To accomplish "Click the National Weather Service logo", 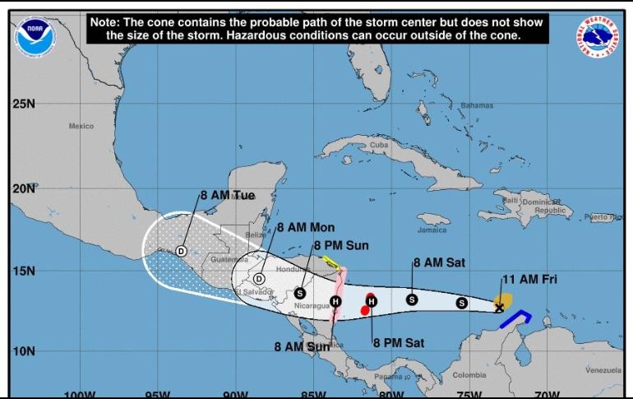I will pyautogui.click(x=598, y=36).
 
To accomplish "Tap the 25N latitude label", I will pyautogui.click(x=24, y=104).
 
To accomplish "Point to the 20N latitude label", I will pyautogui.click(x=24, y=188).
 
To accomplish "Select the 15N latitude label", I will pyautogui.click(x=24, y=271).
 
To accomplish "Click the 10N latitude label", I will pyautogui.click(x=24, y=351).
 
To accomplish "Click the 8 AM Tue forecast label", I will pyautogui.click(x=228, y=196).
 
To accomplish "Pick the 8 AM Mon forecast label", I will pyautogui.click(x=306, y=227).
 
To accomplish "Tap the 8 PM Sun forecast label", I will pyautogui.click(x=340, y=245).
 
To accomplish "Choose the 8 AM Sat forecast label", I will pyautogui.click(x=439, y=263).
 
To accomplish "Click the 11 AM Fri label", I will pyautogui.click(x=530, y=281).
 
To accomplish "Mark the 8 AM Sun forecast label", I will pyautogui.click(x=302, y=346).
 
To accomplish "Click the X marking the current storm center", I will pyautogui.click(x=499, y=308).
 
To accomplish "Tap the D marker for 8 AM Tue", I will pyautogui.click(x=182, y=251).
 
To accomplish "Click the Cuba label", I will pyautogui.click(x=378, y=145).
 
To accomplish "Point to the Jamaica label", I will pyautogui.click(x=432, y=230).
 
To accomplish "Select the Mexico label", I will pyautogui.click(x=81, y=126).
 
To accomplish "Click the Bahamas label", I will pyautogui.click(x=477, y=105).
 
